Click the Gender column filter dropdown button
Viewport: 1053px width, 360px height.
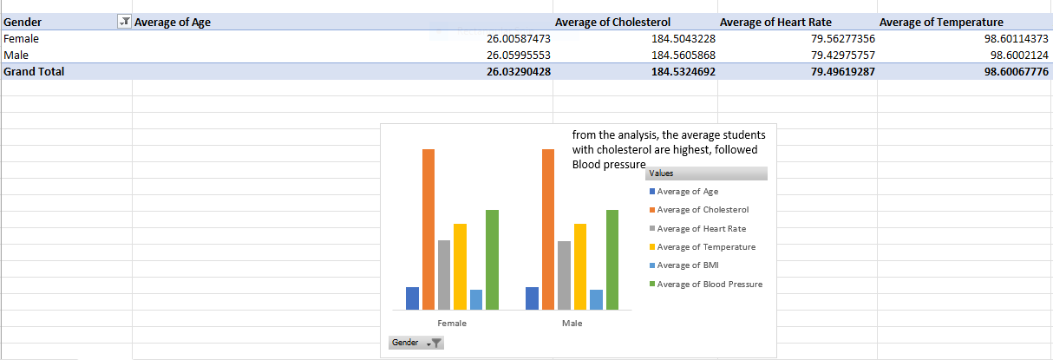(x=124, y=22)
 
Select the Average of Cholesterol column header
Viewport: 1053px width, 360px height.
(x=612, y=22)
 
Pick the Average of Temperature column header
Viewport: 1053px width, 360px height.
(x=942, y=22)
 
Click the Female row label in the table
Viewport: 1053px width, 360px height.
(x=22, y=38)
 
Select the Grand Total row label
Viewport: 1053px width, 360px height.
(x=34, y=71)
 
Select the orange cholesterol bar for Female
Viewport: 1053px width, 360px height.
(x=428, y=230)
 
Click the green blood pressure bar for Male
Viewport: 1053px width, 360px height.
(x=612, y=259)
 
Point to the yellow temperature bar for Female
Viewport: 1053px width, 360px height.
(x=460, y=266)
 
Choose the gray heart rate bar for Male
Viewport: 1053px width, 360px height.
(x=565, y=275)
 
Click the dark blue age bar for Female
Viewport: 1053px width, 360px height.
(x=412, y=298)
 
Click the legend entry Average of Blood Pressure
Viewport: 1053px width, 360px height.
(x=710, y=285)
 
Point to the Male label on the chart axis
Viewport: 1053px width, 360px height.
(x=572, y=324)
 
